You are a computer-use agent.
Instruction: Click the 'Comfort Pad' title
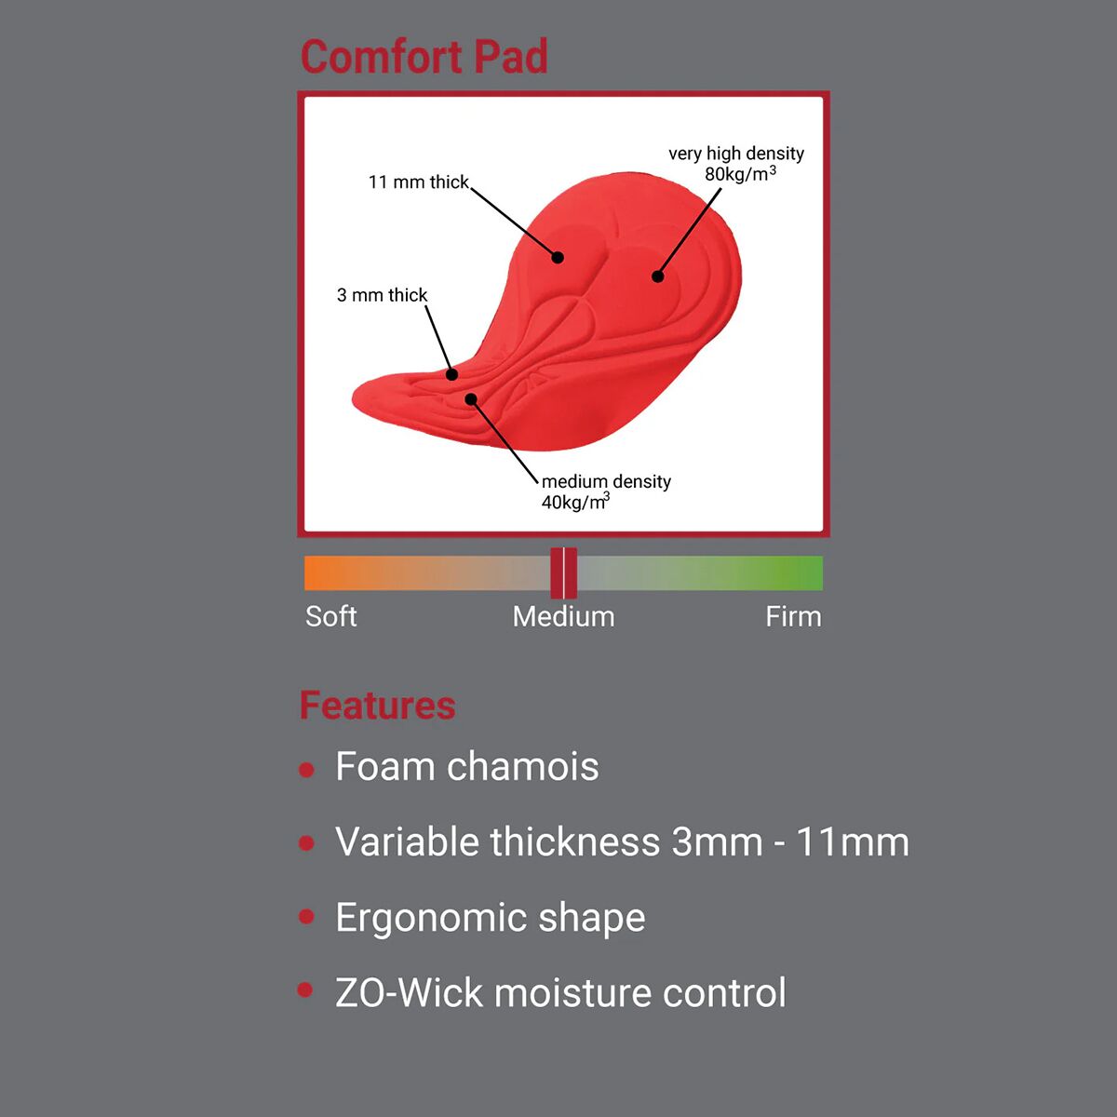coord(424,57)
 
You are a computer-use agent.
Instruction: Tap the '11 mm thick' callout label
coord(419,182)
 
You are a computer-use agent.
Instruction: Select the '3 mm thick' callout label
coord(382,295)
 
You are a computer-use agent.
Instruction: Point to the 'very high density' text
coord(736,155)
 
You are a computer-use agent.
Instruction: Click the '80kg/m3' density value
coord(740,174)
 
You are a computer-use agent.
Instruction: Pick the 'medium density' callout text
coord(606,481)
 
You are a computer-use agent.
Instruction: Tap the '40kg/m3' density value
coord(575,502)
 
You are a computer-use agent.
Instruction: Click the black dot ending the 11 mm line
coord(558,257)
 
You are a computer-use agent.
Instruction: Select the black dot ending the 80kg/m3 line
coord(657,276)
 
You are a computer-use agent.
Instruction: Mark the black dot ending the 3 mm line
coord(452,374)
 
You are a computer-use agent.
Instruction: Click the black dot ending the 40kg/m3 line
coord(471,398)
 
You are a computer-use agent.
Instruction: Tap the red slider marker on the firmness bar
coord(563,572)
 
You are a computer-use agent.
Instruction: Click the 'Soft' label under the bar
coord(331,616)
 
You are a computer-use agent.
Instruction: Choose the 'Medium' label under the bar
coord(563,616)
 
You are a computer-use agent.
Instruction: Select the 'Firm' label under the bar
coord(794,616)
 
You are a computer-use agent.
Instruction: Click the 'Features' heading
coord(377,706)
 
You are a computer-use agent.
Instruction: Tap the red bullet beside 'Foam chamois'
coord(306,770)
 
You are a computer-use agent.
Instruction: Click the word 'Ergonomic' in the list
coord(431,919)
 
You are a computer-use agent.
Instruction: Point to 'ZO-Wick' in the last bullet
coord(409,993)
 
